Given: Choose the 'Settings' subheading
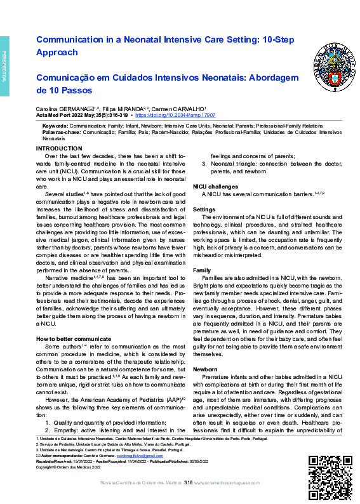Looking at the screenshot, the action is (204, 209).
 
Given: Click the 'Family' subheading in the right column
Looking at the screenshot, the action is (203, 270).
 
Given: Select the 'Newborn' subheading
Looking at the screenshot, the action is (206, 368).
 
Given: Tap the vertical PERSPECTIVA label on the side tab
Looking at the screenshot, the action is (4, 65).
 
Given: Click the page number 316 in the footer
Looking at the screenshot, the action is (188, 484).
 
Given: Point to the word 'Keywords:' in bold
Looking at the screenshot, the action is (55, 126).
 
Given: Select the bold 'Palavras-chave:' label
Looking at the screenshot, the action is (60, 132).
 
